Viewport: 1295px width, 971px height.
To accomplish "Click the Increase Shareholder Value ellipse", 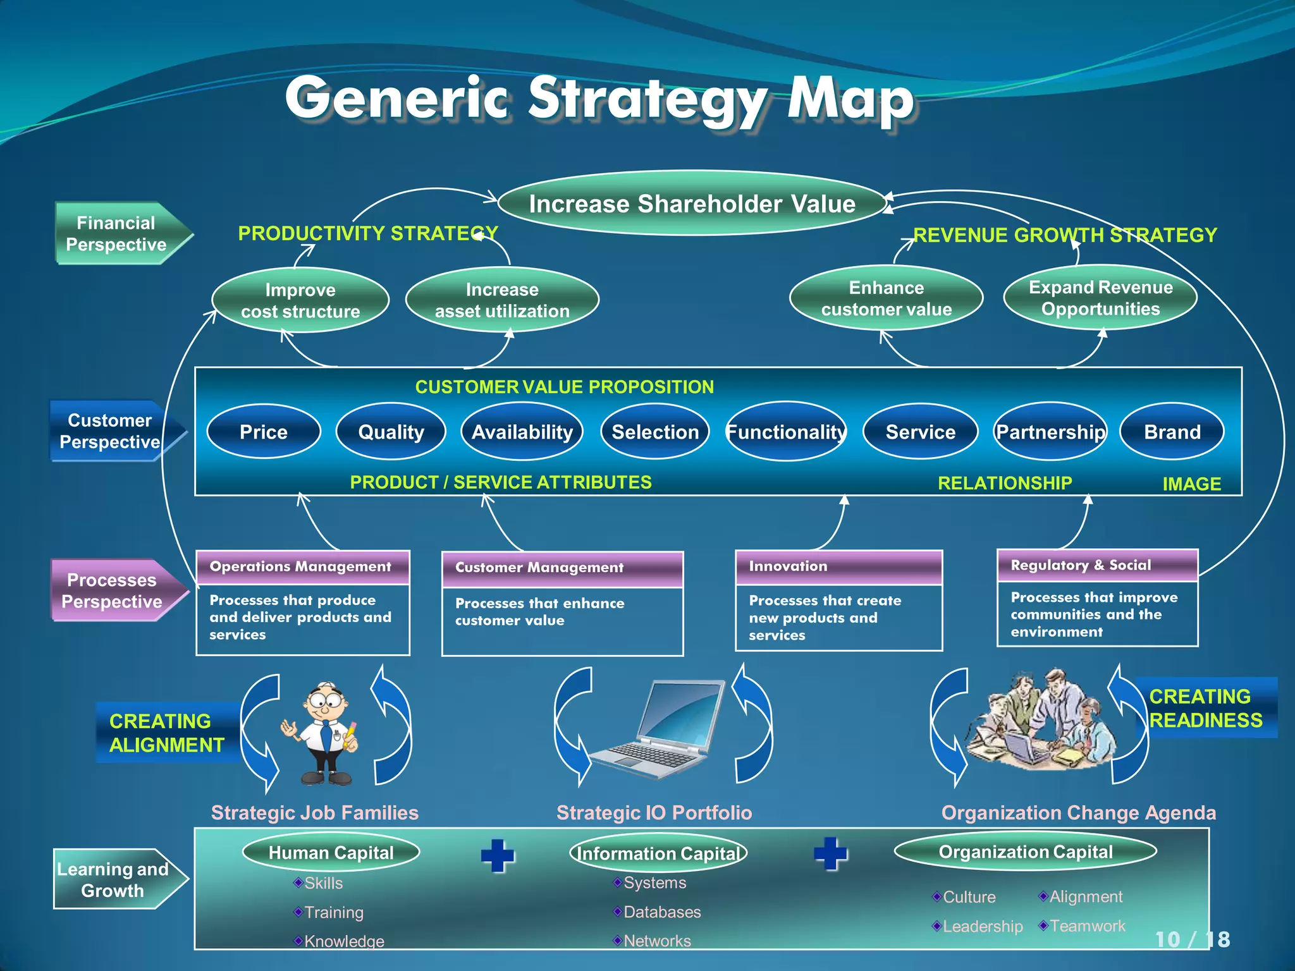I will [x=692, y=204].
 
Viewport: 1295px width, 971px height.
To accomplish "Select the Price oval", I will [x=264, y=432].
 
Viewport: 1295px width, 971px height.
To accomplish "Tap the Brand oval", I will [x=1172, y=432].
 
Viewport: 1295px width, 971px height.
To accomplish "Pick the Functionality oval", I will [x=785, y=432].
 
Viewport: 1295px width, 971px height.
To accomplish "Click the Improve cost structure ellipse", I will [x=300, y=300].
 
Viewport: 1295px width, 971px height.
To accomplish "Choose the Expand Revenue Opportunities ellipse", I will [x=1100, y=298].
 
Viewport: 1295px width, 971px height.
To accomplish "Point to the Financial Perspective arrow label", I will [x=117, y=233].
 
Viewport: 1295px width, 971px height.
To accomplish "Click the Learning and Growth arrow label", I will [x=114, y=879].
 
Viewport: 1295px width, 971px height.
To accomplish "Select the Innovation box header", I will [x=838, y=566].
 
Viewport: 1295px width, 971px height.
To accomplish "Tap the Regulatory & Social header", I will [x=1097, y=565].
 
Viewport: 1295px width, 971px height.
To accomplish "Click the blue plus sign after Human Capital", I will [x=498, y=855].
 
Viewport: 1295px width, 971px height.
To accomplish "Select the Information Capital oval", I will [x=658, y=853].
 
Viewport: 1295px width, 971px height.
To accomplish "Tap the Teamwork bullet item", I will [x=1086, y=926].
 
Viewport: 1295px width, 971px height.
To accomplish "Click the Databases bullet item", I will [x=661, y=912].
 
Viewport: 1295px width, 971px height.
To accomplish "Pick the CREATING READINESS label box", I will [x=1205, y=708].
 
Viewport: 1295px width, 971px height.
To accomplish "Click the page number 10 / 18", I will [x=1192, y=939].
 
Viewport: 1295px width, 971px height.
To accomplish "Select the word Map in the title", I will [x=850, y=99].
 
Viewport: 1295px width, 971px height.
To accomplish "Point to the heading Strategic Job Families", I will [x=314, y=812].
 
